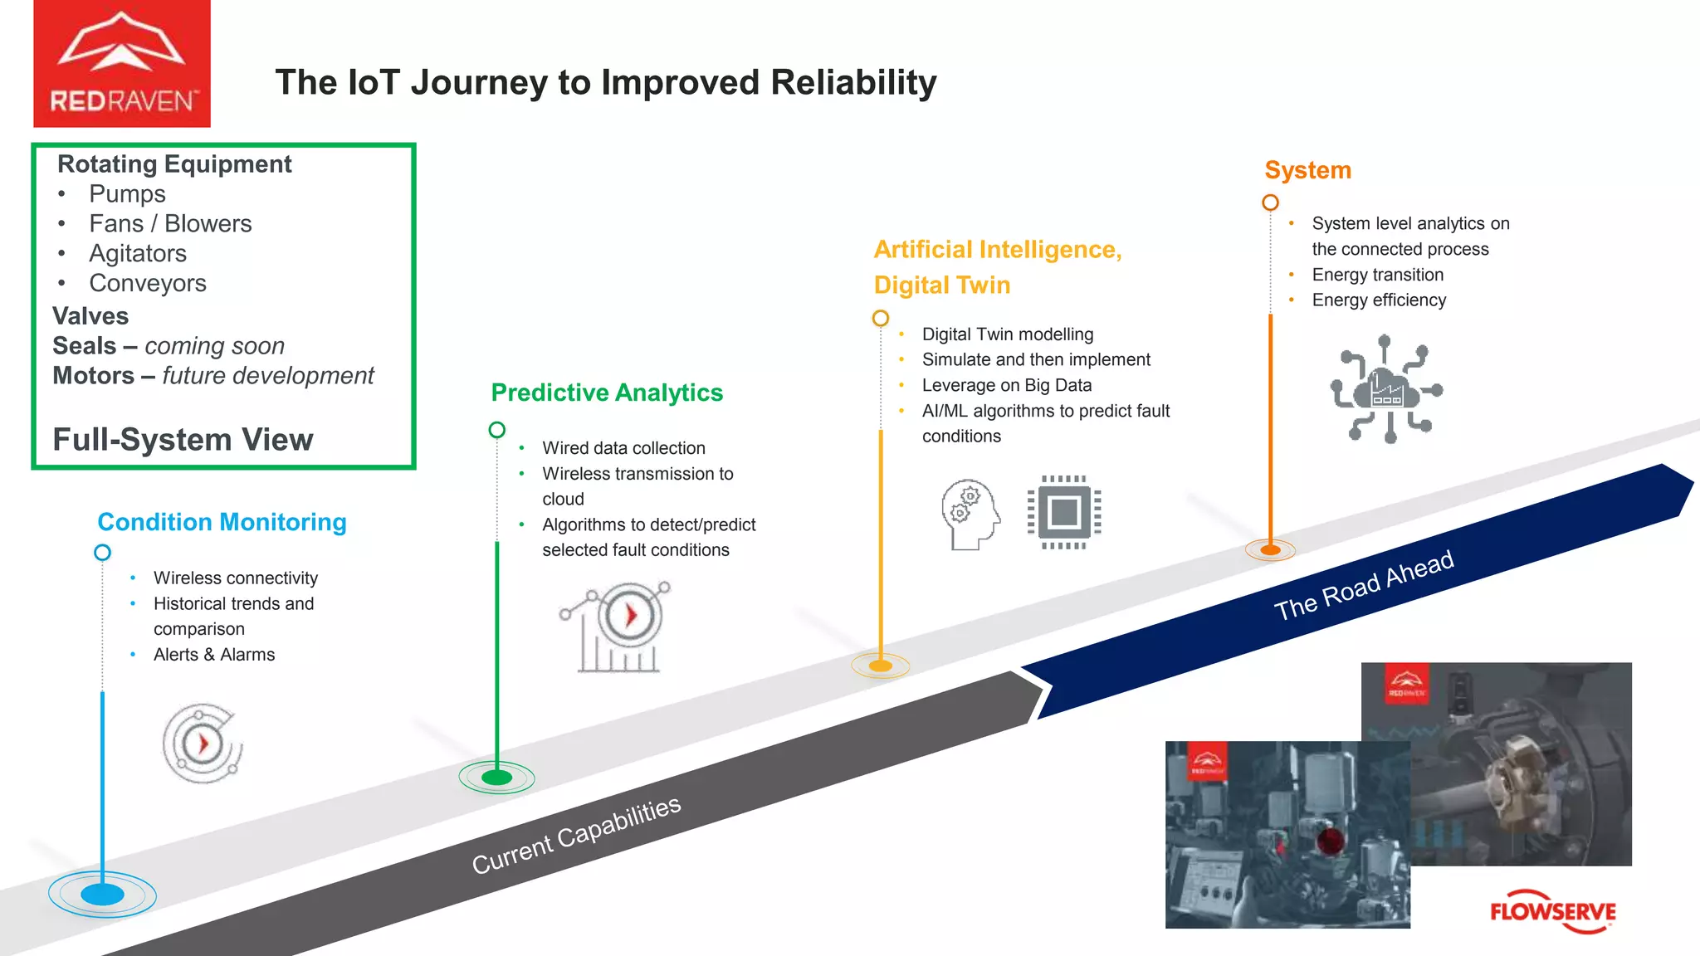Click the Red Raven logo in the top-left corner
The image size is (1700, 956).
pos(122,64)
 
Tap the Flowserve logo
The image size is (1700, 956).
pos(1552,912)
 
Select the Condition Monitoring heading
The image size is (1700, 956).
pos(222,522)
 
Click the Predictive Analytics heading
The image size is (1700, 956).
pos(607,393)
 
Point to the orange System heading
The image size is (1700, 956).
pos(1307,170)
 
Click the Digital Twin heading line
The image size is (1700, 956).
pos(942,285)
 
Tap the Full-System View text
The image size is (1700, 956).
pos(183,440)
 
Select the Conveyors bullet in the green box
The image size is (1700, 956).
pos(148,284)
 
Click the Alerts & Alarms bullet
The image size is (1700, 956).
pos(214,655)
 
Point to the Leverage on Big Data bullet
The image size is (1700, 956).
pos(1006,385)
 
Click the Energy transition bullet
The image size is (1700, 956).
pos(1377,275)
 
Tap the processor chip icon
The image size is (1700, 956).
pos(1064,512)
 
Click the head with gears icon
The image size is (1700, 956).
pos(970,515)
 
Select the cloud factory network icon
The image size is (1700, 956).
pos(1386,389)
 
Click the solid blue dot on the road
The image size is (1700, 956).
pos(102,895)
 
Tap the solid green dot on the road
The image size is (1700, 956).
pos(496,778)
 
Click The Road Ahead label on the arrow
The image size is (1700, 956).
pos(1364,585)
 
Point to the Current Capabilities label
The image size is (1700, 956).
pos(576,835)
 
